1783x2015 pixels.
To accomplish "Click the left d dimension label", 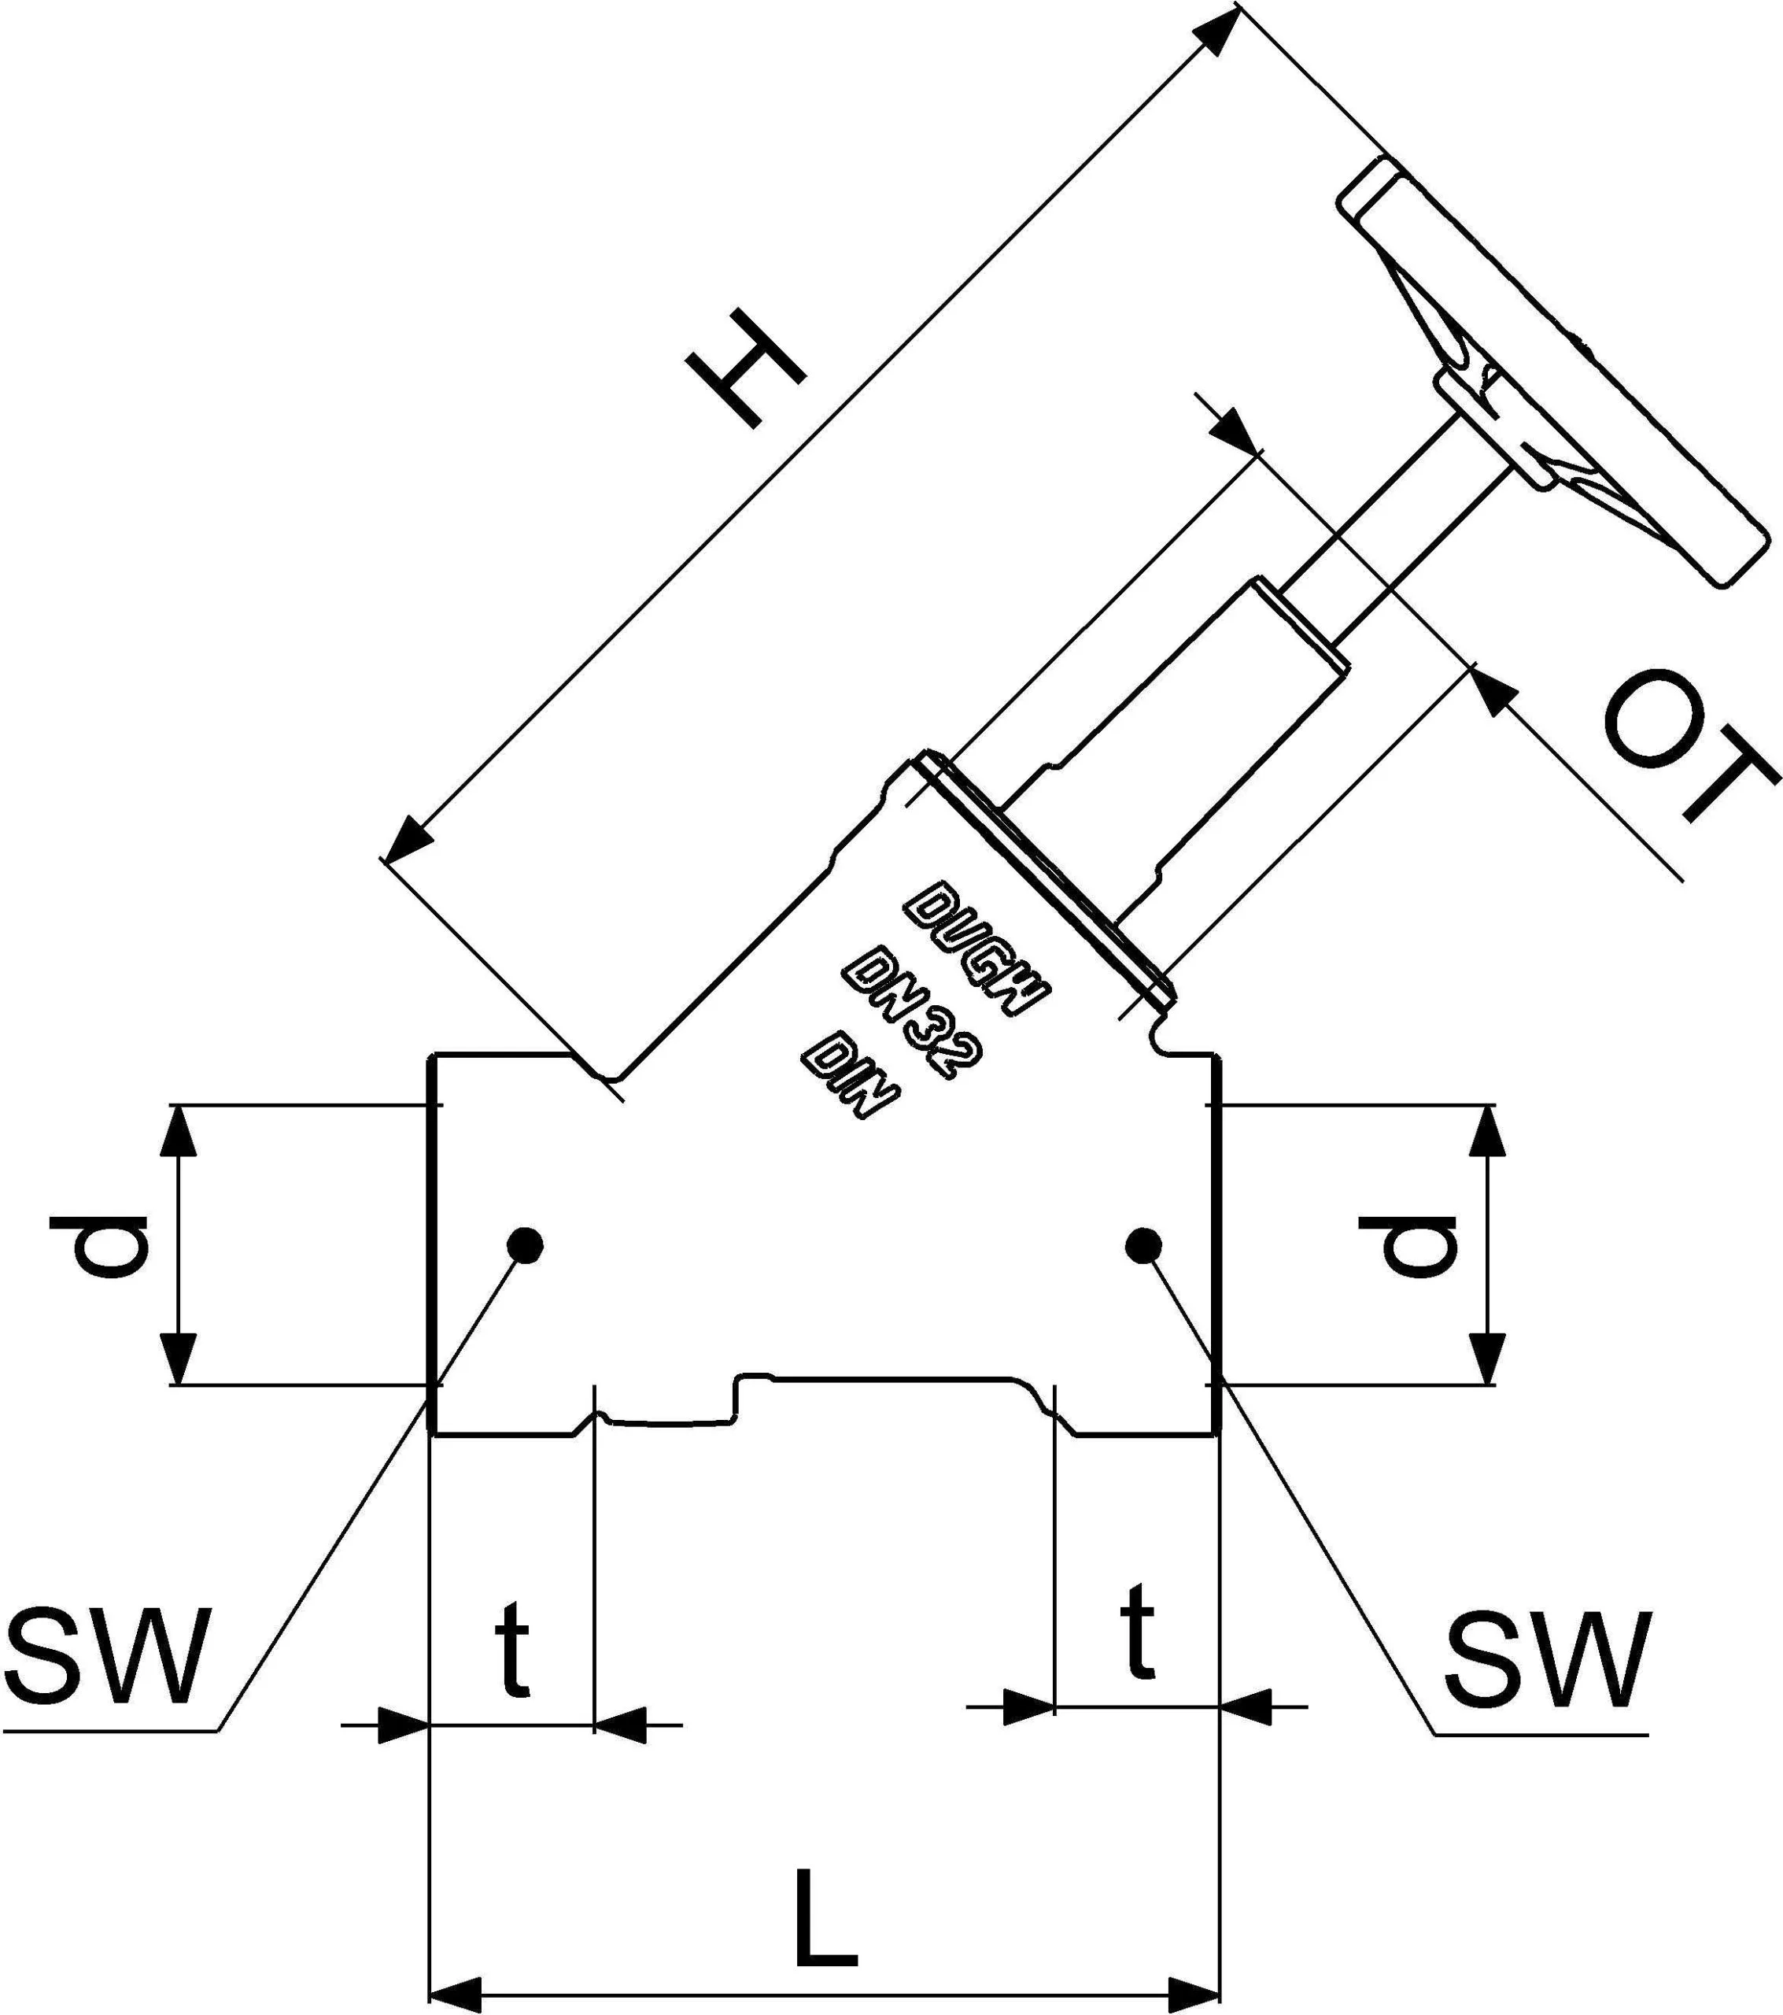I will point(98,1246).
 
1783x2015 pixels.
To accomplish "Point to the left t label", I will point(512,1648).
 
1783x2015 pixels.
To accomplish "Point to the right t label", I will point(1138,1631).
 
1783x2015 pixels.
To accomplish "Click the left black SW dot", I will point(524,1244).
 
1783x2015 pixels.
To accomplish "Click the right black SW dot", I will point(1143,1245).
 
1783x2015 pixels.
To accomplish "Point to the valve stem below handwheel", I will point(1400,523).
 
